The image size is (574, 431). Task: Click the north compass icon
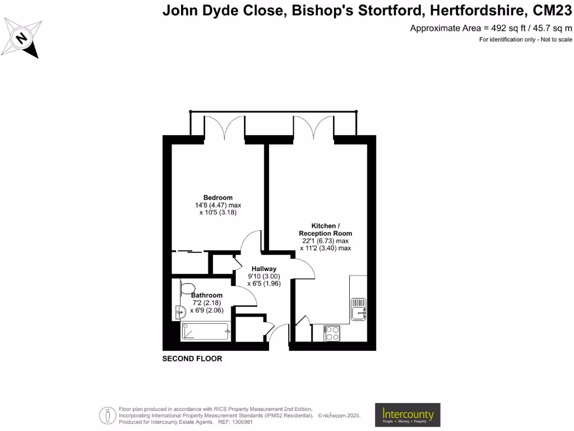(x=22, y=38)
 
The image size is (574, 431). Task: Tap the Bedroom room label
(x=217, y=198)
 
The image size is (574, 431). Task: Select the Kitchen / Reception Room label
(x=325, y=229)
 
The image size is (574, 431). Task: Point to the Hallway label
(x=263, y=269)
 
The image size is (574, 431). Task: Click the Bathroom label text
(x=207, y=295)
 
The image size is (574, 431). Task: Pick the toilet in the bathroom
(x=187, y=287)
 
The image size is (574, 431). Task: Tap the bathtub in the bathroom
(x=206, y=331)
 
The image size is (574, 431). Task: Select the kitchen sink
(x=358, y=309)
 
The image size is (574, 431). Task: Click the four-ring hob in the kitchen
(x=331, y=333)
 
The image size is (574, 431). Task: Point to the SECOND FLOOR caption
(x=192, y=359)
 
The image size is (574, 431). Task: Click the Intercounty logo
(x=408, y=415)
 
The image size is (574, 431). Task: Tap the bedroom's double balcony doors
(x=224, y=127)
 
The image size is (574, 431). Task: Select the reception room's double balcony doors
(x=313, y=127)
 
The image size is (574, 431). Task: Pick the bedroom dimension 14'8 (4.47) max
(x=217, y=205)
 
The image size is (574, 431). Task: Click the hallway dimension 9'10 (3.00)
(x=263, y=276)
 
